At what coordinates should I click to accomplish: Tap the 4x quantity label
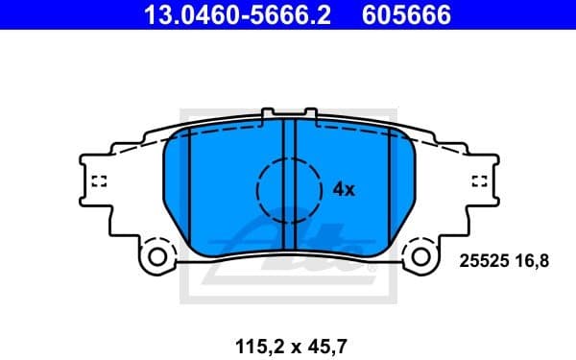coord(344,189)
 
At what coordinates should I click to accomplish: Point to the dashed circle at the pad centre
coord(288,188)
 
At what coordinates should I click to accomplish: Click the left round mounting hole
coord(155,256)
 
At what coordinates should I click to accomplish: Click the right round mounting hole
coord(420,256)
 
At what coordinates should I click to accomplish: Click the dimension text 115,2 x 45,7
coord(287,337)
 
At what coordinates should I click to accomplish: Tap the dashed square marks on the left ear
coord(98,180)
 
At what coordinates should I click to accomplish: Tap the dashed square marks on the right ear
coord(479,180)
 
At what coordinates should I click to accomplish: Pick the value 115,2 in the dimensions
coord(252,337)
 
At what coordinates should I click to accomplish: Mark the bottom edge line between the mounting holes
coord(288,261)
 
